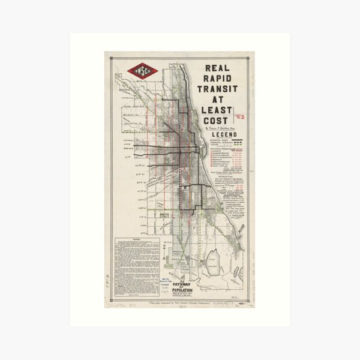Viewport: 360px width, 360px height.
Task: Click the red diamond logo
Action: coord(142,71)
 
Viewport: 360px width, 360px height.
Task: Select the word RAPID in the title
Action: coord(220,79)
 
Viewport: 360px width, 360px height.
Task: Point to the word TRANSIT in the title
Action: coord(220,89)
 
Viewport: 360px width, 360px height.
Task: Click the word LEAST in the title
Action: coord(220,110)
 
